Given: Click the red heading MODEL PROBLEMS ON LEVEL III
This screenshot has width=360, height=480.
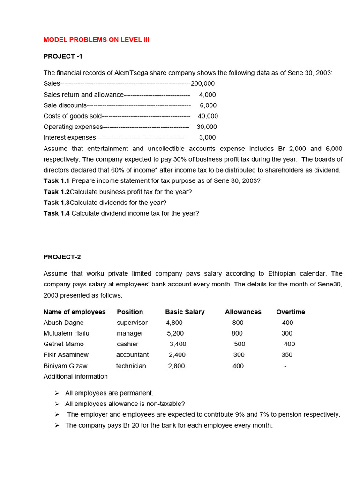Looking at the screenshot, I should pyautogui.click(x=97, y=40).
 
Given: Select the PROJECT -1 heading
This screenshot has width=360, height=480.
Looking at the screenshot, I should pyautogui.click(x=63, y=56).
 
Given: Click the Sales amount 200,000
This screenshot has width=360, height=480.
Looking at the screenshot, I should pyautogui.click(x=202, y=83).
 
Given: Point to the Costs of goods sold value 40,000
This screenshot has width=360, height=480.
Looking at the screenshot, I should pyautogui.click(x=208, y=116).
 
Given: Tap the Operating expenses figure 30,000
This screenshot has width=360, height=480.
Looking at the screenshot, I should pyautogui.click(x=207, y=127).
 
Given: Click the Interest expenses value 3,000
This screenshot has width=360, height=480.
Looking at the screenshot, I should pyautogui.click(x=208, y=137).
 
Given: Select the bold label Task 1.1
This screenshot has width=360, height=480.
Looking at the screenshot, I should pyautogui.click(x=56, y=180).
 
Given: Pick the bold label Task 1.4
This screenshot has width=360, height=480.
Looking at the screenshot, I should pyautogui.click(x=56, y=213).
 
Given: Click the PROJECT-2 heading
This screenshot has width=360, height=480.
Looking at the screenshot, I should pyautogui.click(x=62, y=257).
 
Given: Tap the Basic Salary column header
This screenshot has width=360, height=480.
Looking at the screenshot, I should pyautogui.click(x=185, y=312).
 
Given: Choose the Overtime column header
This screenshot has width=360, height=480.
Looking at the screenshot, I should pyautogui.click(x=291, y=312).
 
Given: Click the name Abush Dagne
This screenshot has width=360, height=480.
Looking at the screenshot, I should pyautogui.click(x=64, y=322).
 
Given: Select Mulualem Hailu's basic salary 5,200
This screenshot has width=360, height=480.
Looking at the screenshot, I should pyautogui.click(x=175, y=333).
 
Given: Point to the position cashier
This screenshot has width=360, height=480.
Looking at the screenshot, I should pyautogui.click(x=127, y=344).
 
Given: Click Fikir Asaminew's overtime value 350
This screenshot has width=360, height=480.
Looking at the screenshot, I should pyautogui.click(x=287, y=355).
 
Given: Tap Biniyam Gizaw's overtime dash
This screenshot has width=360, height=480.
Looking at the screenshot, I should pyautogui.click(x=285, y=366).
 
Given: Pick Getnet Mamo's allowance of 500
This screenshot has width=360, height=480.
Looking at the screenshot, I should pyautogui.click(x=240, y=344).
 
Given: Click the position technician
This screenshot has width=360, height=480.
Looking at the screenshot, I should pyautogui.click(x=131, y=366).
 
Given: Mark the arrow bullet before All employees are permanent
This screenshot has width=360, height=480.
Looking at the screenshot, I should pyautogui.click(x=57, y=393).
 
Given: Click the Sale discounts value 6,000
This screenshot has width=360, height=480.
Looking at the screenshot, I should pyautogui.click(x=208, y=105).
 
